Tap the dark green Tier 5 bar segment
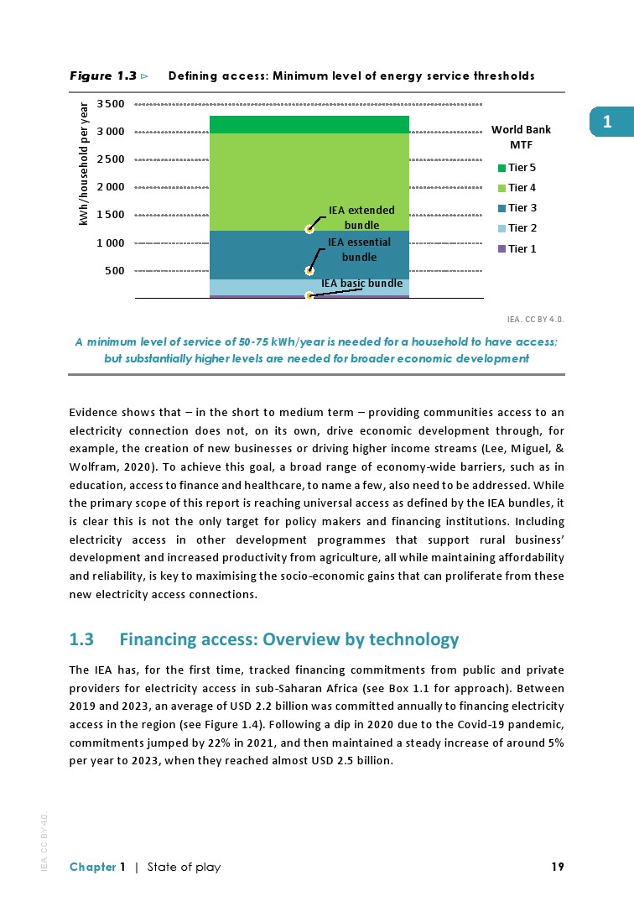pyautogui.click(x=309, y=124)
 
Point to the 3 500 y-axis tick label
pyautogui.click(x=111, y=104)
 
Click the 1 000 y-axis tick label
pyautogui.click(x=111, y=243)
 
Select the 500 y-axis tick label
pyautogui.click(x=115, y=271)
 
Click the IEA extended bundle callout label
pyautogui.click(x=361, y=217)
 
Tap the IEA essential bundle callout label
pyautogui.click(x=359, y=250)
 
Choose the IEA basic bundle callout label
pyautogui.click(x=362, y=284)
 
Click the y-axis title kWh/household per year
pyautogui.click(x=84, y=164)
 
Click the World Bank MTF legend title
pyautogui.click(x=521, y=137)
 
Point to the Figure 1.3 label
pyautogui.click(x=102, y=76)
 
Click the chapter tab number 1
pyautogui.click(x=606, y=122)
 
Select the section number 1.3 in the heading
pyautogui.click(x=81, y=640)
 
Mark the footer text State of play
pyautogui.click(x=184, y=868)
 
